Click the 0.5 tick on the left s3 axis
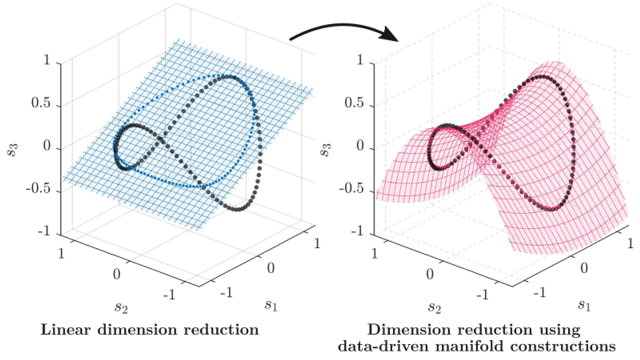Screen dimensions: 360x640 (x=40, y=103)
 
